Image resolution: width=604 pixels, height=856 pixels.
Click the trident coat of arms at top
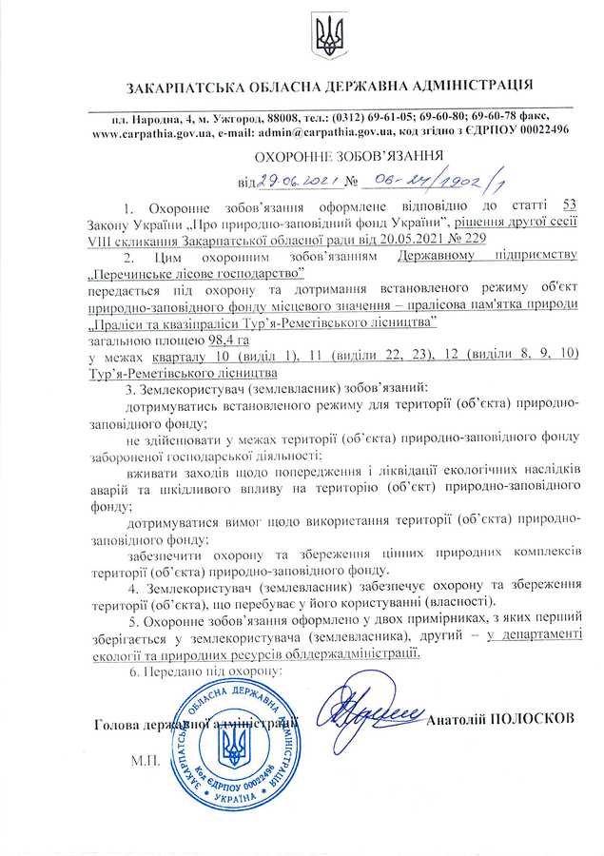(328, 34)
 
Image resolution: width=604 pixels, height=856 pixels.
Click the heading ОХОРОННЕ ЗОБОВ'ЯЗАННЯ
(349, 156)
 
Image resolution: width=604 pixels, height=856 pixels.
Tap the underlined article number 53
(570, 206)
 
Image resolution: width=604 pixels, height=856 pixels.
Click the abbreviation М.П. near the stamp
(146, 762)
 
